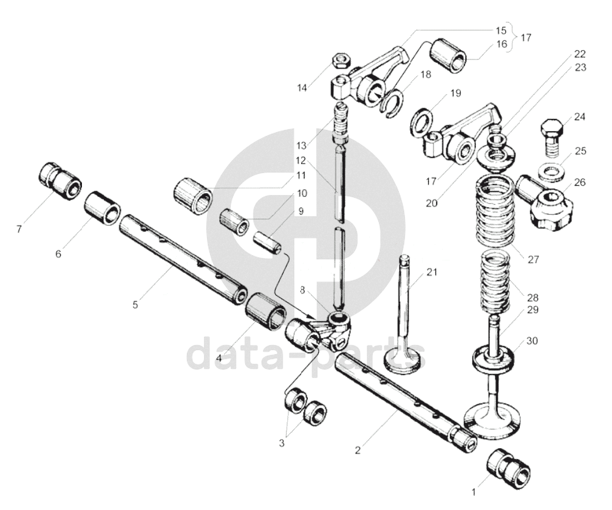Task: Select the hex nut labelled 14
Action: (x=340, y=61)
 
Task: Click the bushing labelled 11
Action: (x=192, y=194)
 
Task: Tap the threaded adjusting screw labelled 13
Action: (x=341, y=121)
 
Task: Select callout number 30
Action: (x=532, y=341)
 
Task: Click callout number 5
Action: (x=135, y=304)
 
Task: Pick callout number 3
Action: (x=281, y=443)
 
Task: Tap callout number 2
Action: (x=358, y=450)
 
